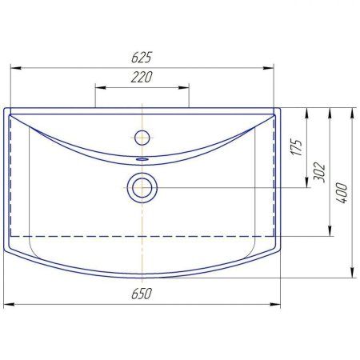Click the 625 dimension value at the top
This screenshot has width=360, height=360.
point(143,58)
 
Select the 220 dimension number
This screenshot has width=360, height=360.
point(142,77)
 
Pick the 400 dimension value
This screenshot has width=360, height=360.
point(342,193)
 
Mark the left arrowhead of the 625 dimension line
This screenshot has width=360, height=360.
point(14,68)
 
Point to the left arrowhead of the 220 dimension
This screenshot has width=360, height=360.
point(99,86)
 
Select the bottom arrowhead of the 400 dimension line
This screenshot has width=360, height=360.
point(353,273)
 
